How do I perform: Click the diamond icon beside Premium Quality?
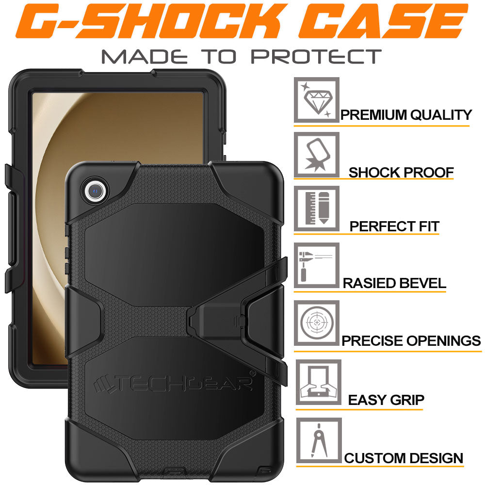click(x=317, y=100)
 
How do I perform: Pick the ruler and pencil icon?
click(x=317, y=209)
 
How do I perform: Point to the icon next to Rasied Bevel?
click(x=317, y=266)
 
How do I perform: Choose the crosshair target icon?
click(x=317, y=323)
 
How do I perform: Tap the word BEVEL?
click(x=420, y=283)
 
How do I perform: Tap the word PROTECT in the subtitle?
click(x=316, y=56)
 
